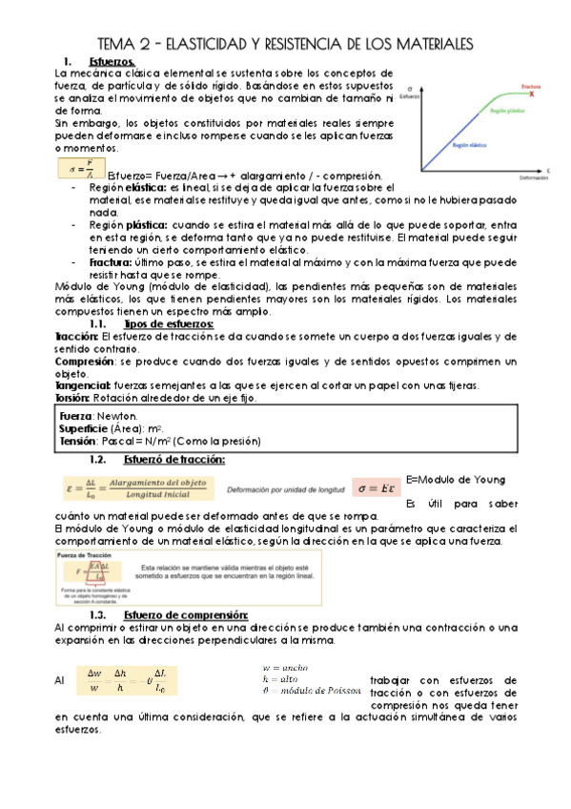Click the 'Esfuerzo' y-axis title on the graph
tap(410, 97)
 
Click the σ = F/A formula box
tap(80, 170)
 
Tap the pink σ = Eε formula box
tap(374, 488)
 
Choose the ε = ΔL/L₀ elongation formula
tap(137, 488)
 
